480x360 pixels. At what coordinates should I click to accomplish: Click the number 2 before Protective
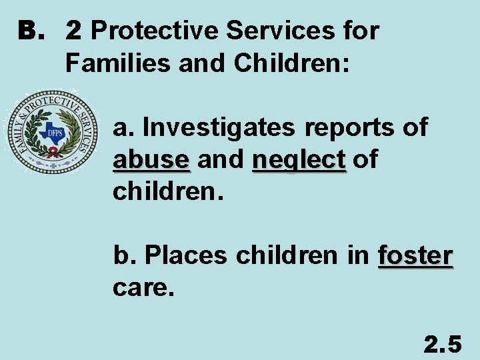74,31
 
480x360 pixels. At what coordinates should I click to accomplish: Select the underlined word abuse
151,159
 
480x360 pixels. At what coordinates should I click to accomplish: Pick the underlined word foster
415,255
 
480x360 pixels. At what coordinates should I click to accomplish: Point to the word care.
143,288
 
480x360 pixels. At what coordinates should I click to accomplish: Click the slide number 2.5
443,345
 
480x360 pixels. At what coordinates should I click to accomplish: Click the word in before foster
359,255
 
